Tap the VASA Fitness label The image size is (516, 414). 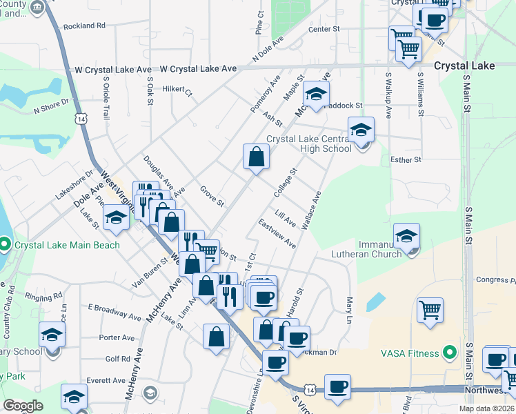pos(410,353)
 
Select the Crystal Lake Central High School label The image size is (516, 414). pos(308,143)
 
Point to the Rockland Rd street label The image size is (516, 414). pos(84,26)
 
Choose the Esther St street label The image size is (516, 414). pos(406,160)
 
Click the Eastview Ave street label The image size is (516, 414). pos(277,235)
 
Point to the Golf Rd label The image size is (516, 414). pos(117,359)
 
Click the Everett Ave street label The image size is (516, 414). pos(106,379)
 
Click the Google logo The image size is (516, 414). pos(23,406)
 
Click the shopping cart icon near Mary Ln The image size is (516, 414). pos(430,309)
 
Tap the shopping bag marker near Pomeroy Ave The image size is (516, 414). pos(256,156)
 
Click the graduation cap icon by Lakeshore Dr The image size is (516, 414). pos(117,217)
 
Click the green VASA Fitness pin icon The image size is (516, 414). pos(450,353)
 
